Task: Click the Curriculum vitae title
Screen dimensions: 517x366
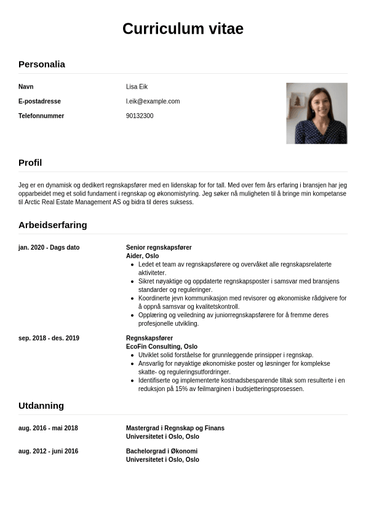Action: pos(183,29)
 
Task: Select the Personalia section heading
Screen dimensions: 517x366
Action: pos(41,64)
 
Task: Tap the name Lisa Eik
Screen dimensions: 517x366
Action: pos(137,87)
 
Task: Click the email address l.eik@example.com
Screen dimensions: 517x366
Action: pos(153,101)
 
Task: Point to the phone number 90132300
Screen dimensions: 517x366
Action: pos(140,116)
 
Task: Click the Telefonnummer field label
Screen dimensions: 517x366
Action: pos(41,116)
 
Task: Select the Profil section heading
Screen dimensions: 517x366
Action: pos(30,163)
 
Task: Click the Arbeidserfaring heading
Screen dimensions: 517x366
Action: pos(52,225)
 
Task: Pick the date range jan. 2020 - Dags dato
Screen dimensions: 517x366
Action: pos(49,248)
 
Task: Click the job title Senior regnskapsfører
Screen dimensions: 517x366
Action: pos(159,248)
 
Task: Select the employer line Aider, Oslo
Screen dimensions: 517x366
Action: pos(142,256)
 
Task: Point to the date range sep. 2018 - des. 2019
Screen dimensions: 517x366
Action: pos(49,338)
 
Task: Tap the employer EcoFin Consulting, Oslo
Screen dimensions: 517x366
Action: pos(162,347)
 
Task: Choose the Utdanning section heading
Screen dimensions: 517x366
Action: pos(41,406)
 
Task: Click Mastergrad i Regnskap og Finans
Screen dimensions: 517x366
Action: pos(175,428)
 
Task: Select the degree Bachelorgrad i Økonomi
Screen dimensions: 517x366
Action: pos(162,451)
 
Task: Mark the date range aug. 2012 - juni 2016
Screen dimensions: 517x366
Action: pos(48,451)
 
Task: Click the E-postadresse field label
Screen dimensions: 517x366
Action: pos(39,101)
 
